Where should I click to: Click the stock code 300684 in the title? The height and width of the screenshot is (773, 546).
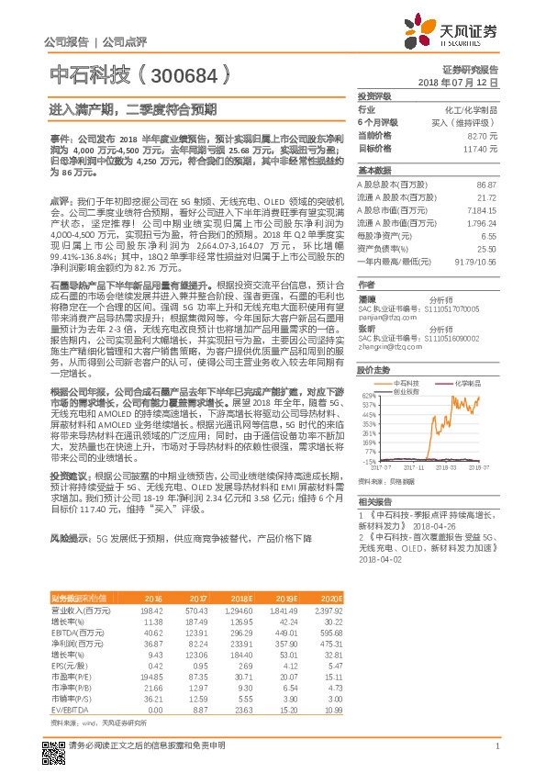[192, 73]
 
